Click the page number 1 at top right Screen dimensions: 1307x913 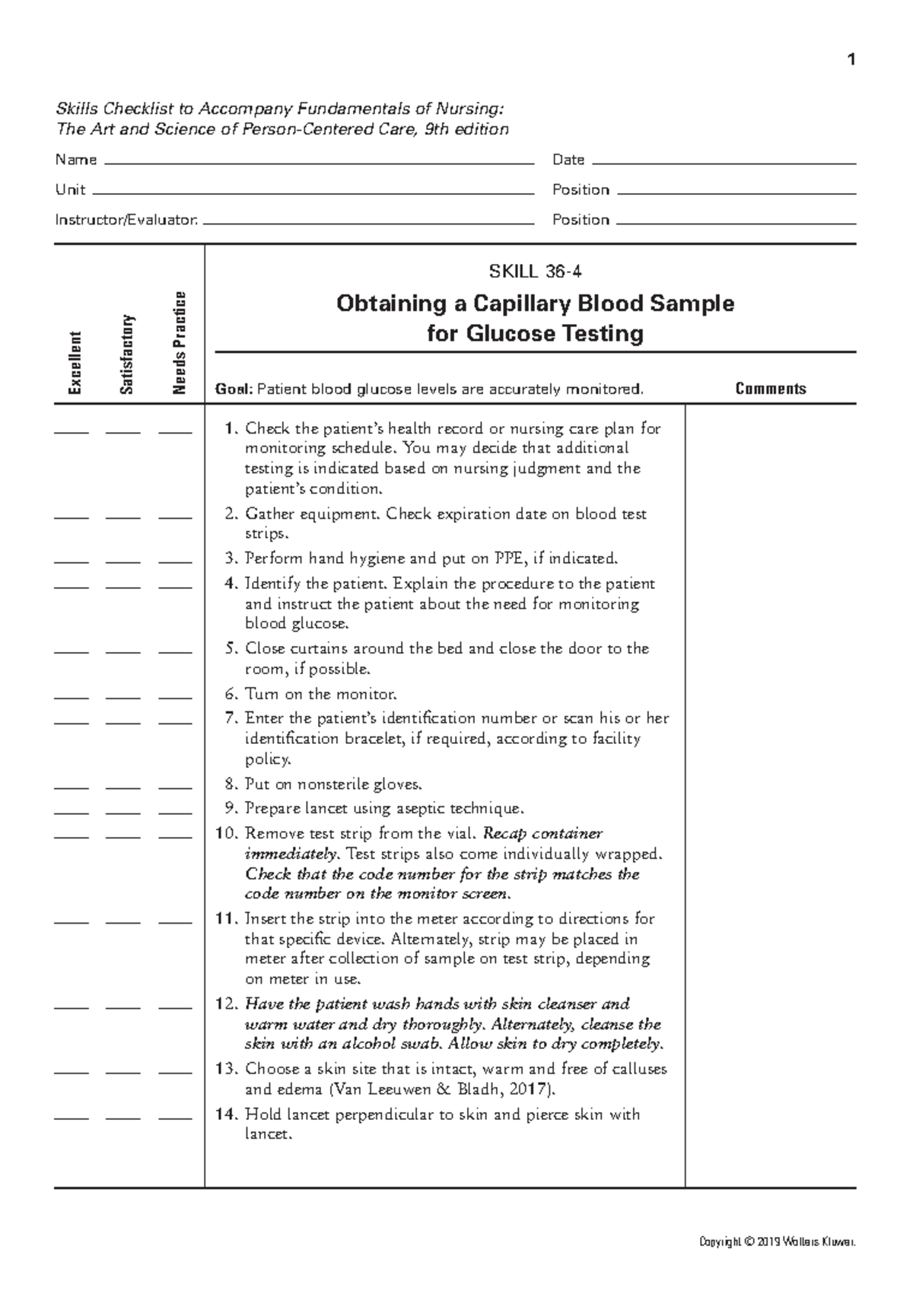click(x=851, y=60)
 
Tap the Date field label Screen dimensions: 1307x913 click(x=568, y=160)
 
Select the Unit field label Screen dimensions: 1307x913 click(x=70, y=189)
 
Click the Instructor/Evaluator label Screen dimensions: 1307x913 click(x=126, y=220)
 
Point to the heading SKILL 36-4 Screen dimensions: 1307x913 click(x=535, y=272)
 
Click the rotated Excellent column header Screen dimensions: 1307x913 click(x=75, y=363)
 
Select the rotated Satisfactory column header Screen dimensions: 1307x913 click(x=126, y=355)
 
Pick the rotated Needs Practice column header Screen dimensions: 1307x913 click(x=179, y=343)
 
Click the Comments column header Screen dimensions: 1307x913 click(x=770, y=389)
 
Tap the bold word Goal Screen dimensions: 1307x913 click(x=233, y=390)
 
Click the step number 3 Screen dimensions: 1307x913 click(x=231, y=558)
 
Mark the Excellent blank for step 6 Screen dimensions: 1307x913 click(x=72, y=697)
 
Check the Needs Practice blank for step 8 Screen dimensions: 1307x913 click(x=175, y=787)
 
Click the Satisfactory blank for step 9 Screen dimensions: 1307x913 click(x=123, y=812)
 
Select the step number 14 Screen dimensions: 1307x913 click(x=227, y=1115)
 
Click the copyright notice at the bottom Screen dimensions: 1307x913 click(x=777, y=1242)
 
